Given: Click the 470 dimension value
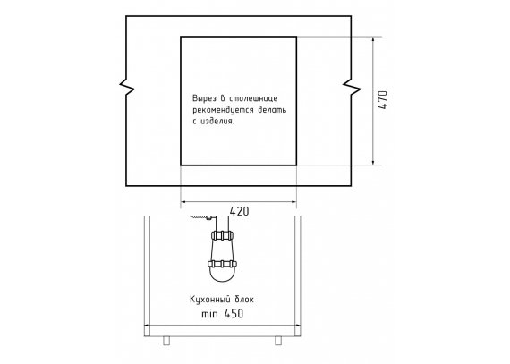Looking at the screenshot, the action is point(384,100).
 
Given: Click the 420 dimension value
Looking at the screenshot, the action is point(240,211).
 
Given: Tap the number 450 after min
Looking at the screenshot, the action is point(234,314).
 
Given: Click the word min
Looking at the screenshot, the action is point(209,314).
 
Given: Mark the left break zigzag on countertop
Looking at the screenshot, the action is point(127,88).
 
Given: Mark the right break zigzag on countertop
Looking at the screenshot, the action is point(352,88).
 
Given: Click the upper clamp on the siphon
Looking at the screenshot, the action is point(223,235).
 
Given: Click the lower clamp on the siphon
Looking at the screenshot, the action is point(222,264).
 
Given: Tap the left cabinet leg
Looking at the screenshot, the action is point(166,340).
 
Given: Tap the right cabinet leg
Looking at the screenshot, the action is point(278,340).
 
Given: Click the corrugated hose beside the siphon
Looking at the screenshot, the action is point(199,216).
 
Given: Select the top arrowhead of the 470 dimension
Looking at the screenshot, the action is point(373,40).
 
